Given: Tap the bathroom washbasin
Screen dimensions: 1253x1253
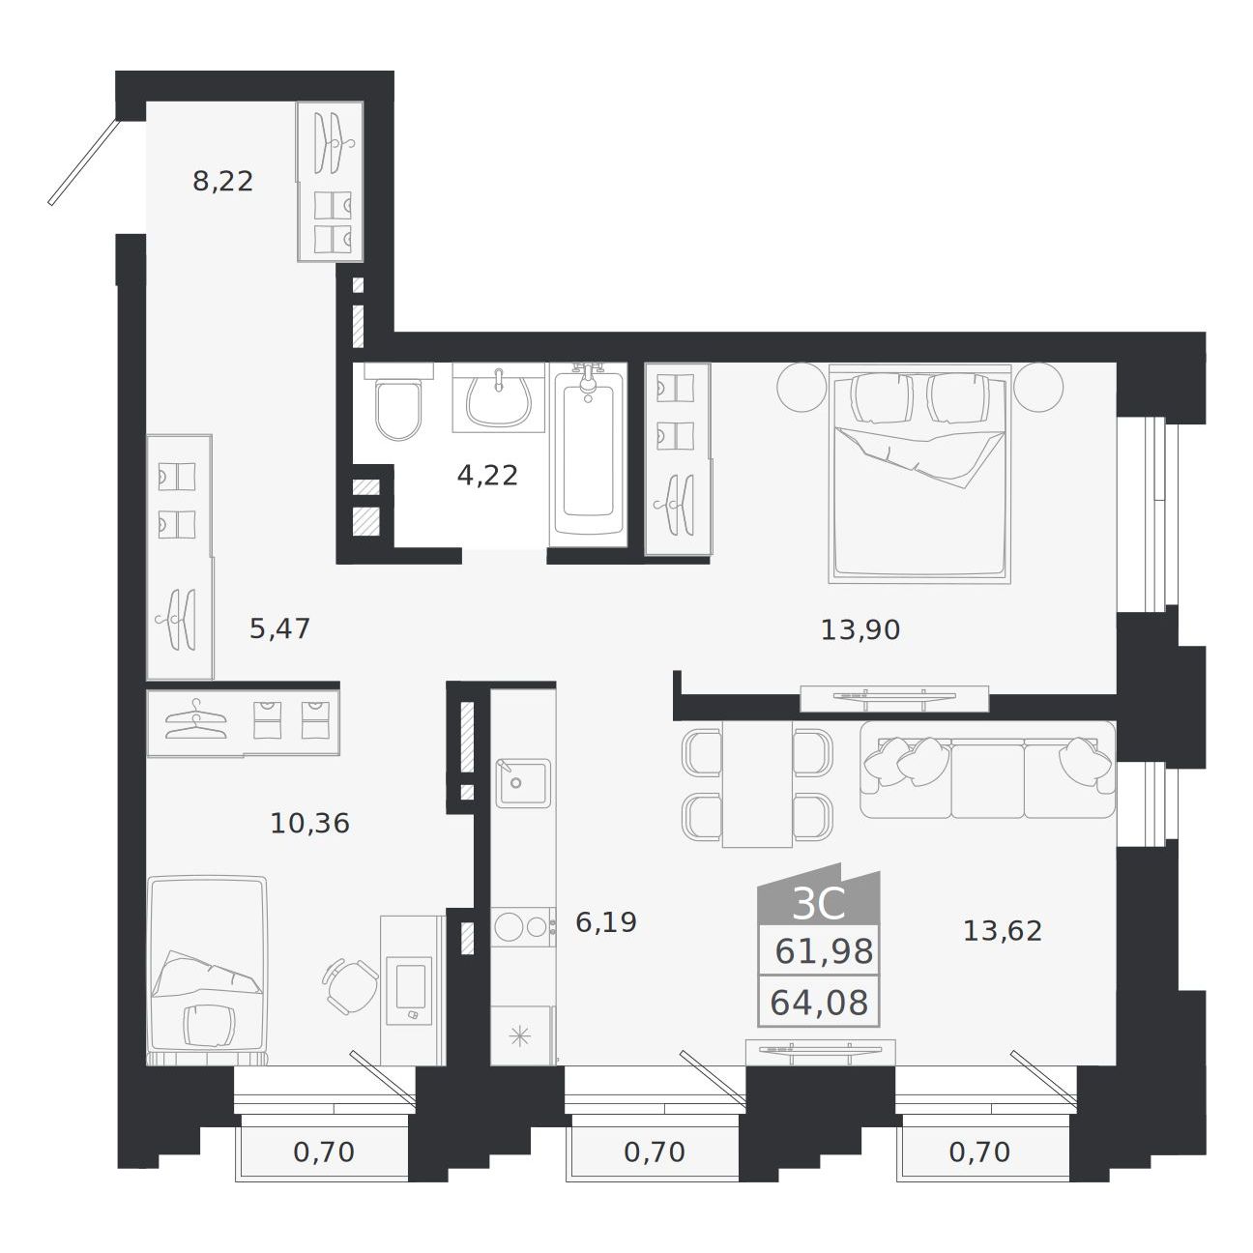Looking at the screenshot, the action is click(498, 396).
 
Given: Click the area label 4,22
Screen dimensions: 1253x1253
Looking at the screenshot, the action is click(487, 476).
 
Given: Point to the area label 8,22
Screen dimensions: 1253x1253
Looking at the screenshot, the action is click(223, 181).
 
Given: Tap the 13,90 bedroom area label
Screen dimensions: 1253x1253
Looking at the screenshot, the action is click(860, 629).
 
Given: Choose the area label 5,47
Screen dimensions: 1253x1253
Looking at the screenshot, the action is click(280, 628).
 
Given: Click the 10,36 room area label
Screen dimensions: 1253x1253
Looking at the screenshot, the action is click(310, 823).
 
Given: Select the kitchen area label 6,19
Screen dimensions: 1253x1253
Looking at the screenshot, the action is click(606, 921).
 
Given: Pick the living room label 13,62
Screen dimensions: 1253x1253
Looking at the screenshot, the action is click(1003, 931).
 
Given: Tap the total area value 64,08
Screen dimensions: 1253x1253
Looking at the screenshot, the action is click(819, 1002).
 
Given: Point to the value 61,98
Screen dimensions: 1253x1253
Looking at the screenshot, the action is click(824, 951).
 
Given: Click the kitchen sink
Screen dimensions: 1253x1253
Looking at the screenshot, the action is click(523, 783).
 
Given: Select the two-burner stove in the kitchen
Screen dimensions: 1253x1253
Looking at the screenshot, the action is click(523, 926).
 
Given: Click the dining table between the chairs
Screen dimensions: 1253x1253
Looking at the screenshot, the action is click(758, 784).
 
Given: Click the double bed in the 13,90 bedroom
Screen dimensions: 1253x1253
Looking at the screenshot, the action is click(919, 474).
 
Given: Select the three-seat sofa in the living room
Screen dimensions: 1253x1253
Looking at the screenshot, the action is click(987, 770).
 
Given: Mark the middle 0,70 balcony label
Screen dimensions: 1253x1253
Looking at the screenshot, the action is click(655, 1152).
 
